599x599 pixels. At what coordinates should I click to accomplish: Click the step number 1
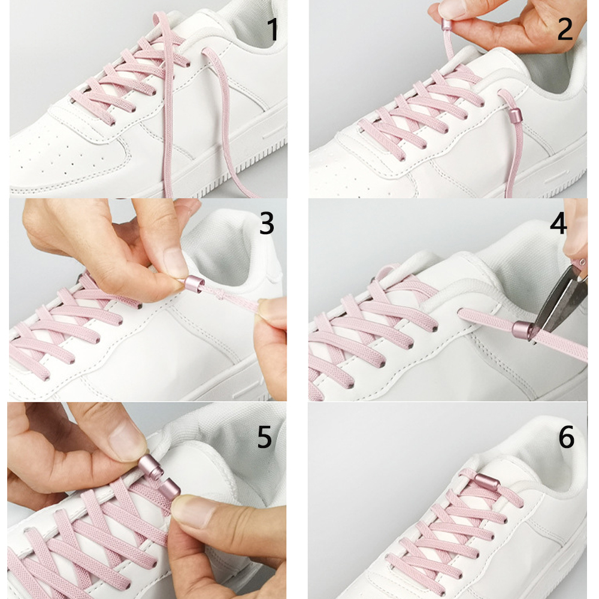(273, 30)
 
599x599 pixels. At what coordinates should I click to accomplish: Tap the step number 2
(565, 30)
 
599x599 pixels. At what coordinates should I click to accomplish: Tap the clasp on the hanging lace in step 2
(513, 114)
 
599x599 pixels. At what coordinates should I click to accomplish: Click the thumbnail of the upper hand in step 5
(131, 444)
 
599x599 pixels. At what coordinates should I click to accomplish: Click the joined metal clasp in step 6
(485, 480)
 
